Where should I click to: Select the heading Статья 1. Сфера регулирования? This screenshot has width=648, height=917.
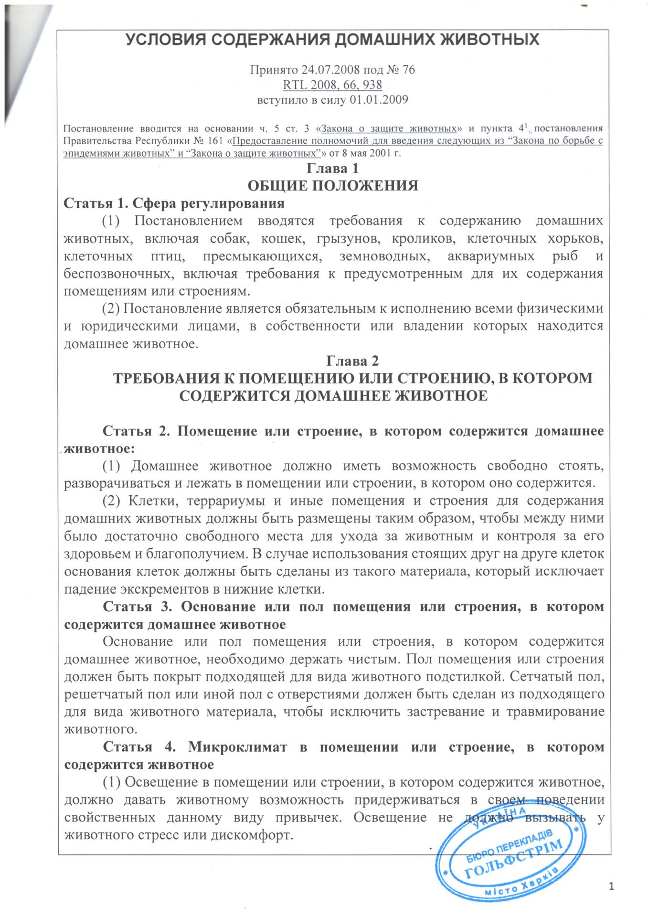(174, 203)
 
